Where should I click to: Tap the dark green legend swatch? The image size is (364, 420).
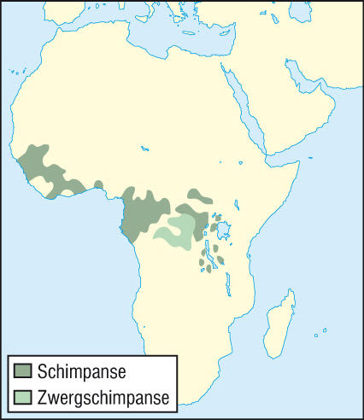click(x=23, y=371)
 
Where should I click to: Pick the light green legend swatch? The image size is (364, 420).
click(x=23, y=397)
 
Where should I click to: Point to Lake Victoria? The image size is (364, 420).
click(x=225, y=230)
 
